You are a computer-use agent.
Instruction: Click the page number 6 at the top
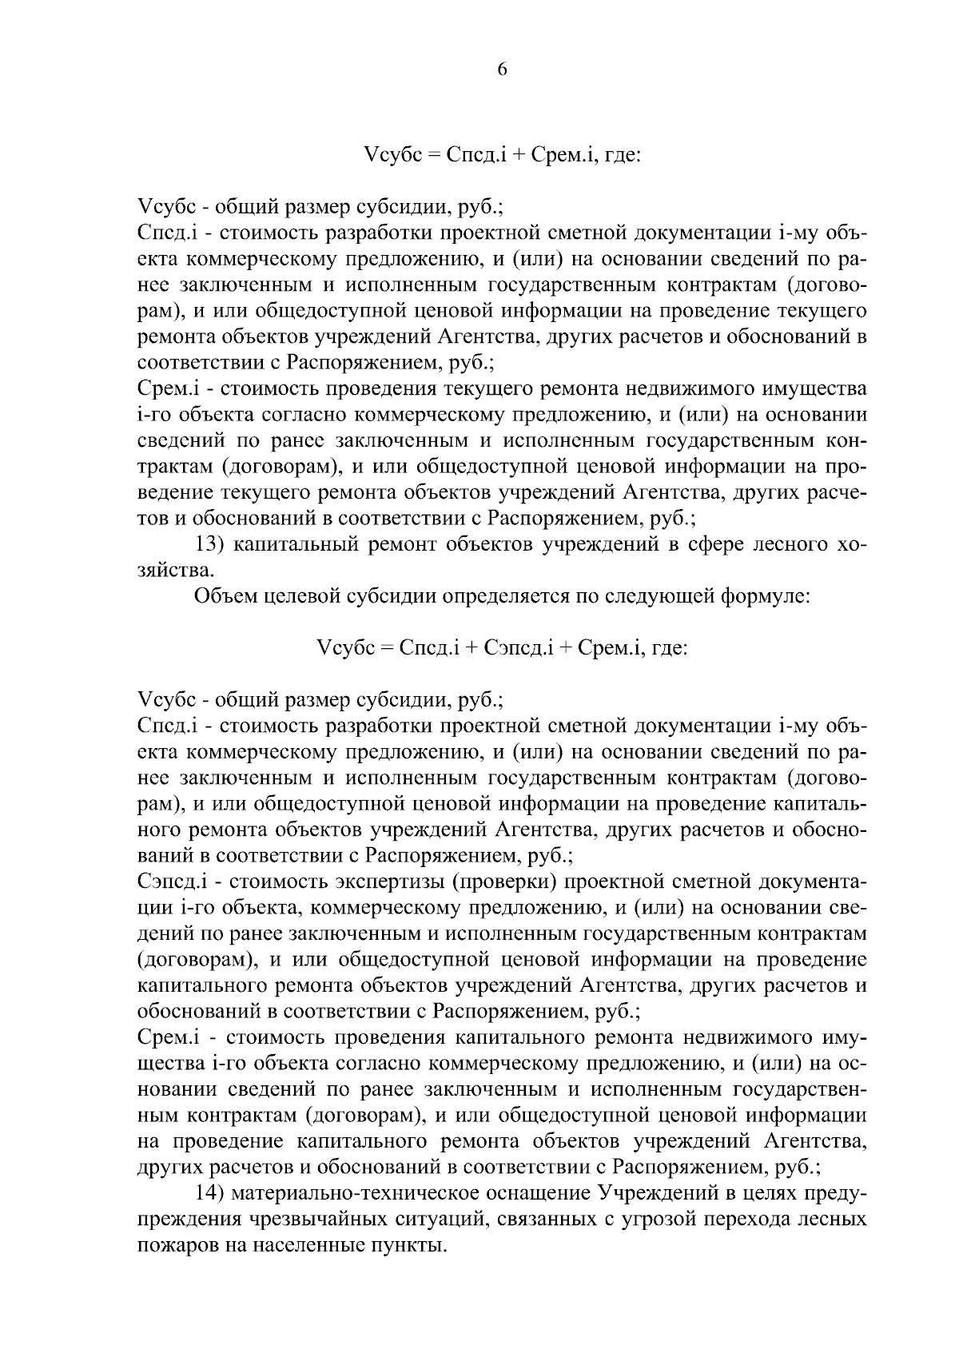point(502,70)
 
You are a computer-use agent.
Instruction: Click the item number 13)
point(214,546)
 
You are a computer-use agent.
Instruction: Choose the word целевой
point(309,596)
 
